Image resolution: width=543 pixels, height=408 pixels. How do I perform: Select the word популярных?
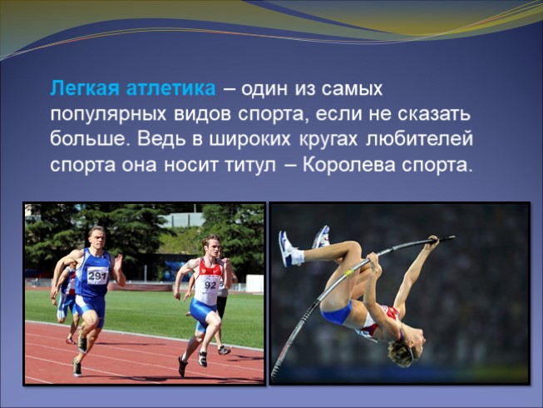point(105,114)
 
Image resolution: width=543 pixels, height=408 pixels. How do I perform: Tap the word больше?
point(86,139)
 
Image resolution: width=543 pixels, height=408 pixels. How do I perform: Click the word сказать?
point(432,114)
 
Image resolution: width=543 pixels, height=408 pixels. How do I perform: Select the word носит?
point(185,164)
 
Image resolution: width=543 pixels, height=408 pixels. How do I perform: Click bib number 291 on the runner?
point(98,276)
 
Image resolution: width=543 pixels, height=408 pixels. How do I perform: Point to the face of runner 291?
point(96,239)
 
